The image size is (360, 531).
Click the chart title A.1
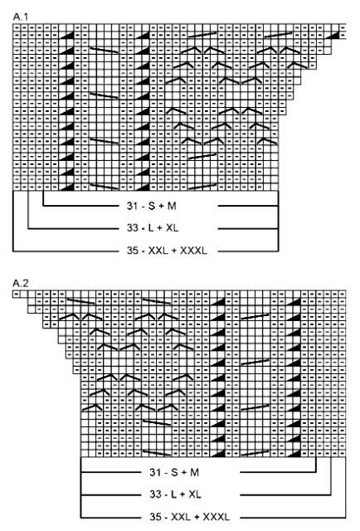pyautogui.click(x=21, y=17)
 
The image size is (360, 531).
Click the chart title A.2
pyautogui.click(x=21, y=283)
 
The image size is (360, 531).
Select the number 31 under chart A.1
pyautogui.click(x=132, y=206)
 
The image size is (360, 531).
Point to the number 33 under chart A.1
pyautogui.click(x=132, y=228)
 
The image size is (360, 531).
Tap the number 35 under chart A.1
pyautogui.click(x=132, y=251)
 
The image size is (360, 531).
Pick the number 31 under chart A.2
pyautogui.click(x=155, y=472)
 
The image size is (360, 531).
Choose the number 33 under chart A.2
pyautogui.click(x=155, y=494)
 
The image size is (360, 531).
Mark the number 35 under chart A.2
pyautogui.click(x=155, y=517)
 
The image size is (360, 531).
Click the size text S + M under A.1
pyautogui.click(x=163, y=206)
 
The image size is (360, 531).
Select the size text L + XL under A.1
pyautogui.click(x=163, y=228)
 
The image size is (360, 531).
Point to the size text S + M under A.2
pyautogui.click(x=185, y=472)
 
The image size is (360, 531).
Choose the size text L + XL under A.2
pyautogui.click(x=186, y=494)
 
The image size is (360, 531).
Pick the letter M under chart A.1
pyautogui.click(x=172, y=206)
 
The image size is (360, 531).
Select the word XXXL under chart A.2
pyautogui.click(x=216, y=517)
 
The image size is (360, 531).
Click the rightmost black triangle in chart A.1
pyautogui.click(x=335, y=35)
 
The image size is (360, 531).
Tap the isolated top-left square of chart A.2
pyautogui.click(x=17, y=294)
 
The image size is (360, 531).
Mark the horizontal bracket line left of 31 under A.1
pyautogui.click(x=80, y=206)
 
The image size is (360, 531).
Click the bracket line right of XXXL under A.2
pyautogui.click(x=293, y=518)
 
